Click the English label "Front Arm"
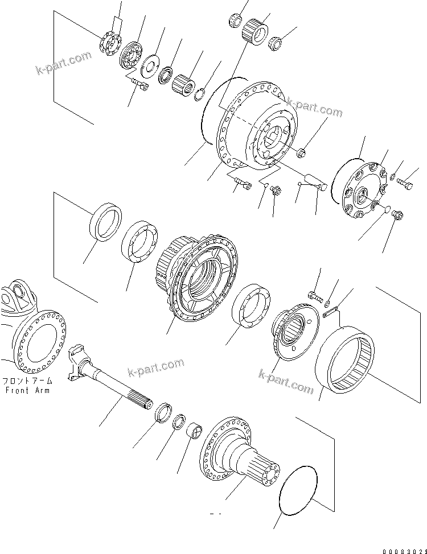pyautogui.click(x=27, y=390)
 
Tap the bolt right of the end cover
pyautogui.click(x=405, y=184)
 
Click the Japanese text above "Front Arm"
pyautogui.click(x=27, y=381)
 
